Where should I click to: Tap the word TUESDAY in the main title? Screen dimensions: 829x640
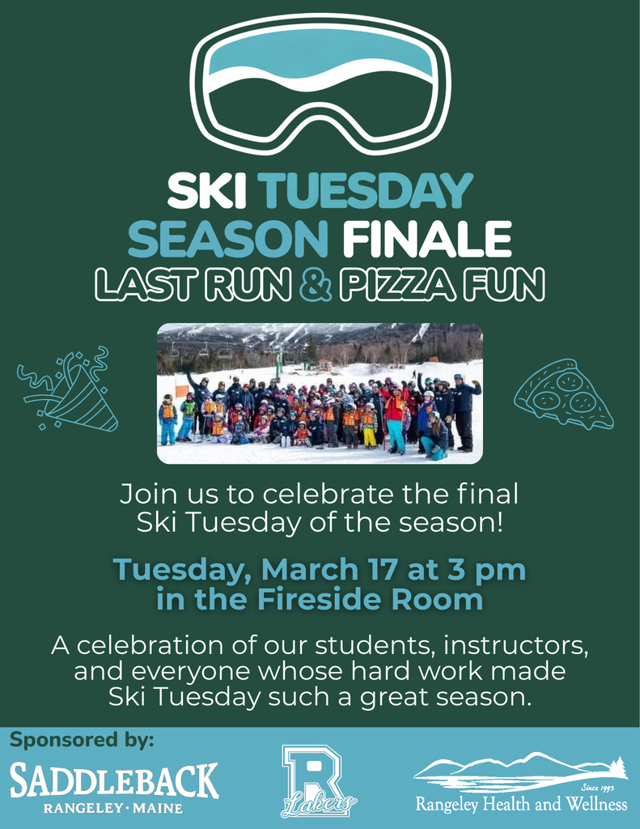[367, 193]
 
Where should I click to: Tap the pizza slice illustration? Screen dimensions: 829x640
[563, 393]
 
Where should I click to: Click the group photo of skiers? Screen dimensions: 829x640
[320, 393]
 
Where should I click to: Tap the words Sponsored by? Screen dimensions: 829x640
[82, 740]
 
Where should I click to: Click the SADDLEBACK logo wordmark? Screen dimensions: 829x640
[114, 780]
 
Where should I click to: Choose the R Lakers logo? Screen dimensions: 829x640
[318, 780]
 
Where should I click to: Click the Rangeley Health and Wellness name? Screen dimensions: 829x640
[521, 805]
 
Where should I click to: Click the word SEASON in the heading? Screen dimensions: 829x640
[228, 240]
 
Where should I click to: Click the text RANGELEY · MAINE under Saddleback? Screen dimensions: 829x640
[114, 808]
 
